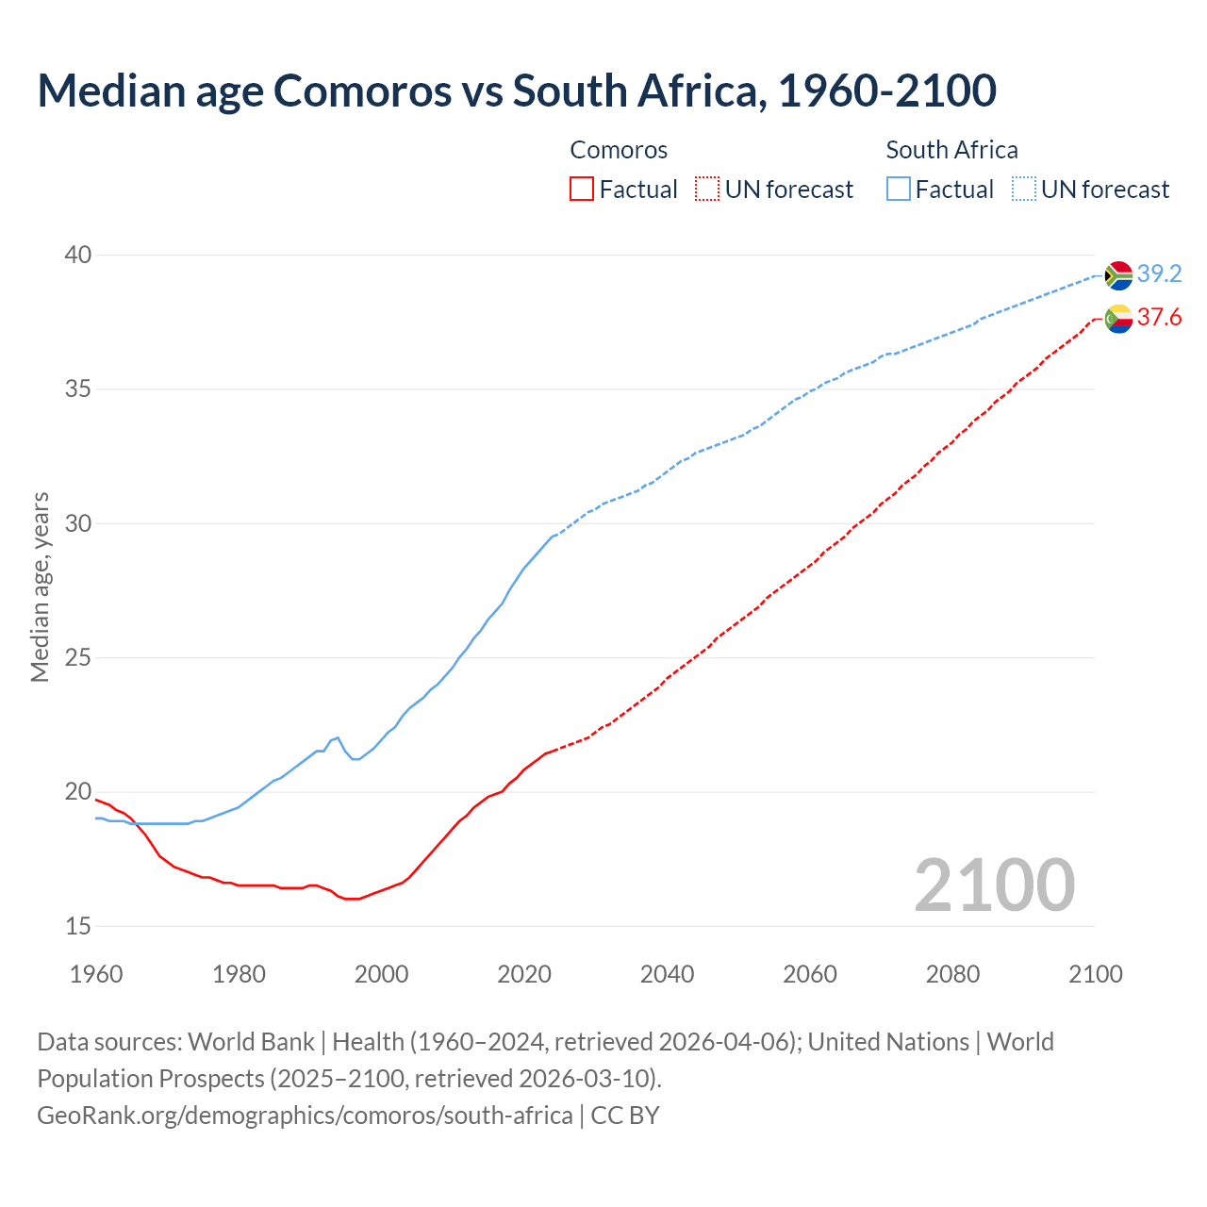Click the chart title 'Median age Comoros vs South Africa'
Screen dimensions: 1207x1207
click(x=516, y=91)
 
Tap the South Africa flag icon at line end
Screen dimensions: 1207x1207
click(x=1118, y=274)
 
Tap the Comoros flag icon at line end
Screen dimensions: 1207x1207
click(x=1118, y=319)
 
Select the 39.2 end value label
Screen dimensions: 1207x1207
click(x=1159, y=273)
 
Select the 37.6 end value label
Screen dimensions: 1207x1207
click(x=1159, y=318)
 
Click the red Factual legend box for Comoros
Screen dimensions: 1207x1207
click(x=582, y=190)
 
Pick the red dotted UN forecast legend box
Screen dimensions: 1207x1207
click(x=707, y=190)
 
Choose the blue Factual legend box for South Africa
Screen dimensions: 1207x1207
click(x=899, y=190)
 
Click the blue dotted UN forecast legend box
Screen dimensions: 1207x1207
click(x=1023, y=190)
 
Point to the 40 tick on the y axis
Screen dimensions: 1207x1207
click(x=78, y=255)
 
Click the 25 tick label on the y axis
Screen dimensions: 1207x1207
click(x=78, y=657)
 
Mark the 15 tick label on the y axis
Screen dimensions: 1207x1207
click(x=78, y=926)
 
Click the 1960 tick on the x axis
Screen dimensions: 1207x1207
click(x=96, y=974)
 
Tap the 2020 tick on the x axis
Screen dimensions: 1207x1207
click(x=524, y=974)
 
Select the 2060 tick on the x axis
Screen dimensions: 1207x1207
click(x=810, y=974)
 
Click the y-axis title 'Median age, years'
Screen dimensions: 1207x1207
click(x=40, y=587)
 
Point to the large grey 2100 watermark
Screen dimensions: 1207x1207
click(x=994, y=885)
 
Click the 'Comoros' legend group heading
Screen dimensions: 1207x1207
click(x=619, y=150)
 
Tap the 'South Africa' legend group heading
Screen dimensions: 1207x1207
click(x=951, y=150)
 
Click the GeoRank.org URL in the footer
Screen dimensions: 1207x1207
click(x=305, y=1115)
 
